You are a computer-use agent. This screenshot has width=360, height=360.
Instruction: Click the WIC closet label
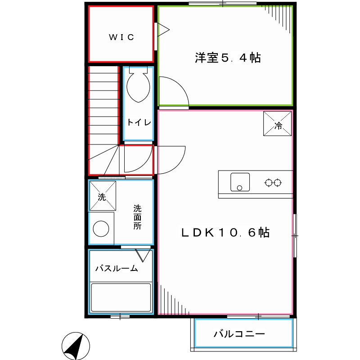click(x=121, y=37)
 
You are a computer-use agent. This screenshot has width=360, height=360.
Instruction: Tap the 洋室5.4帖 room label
click(x=228, y=58)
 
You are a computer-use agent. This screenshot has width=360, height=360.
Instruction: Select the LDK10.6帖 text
click(x=225, y=232)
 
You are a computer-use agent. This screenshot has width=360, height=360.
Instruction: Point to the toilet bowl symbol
click(x=138, y=85)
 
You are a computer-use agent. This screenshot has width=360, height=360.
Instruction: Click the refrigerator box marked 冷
click(x=277, y=124)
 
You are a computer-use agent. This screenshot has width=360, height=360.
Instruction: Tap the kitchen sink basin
click(x=240, y=182)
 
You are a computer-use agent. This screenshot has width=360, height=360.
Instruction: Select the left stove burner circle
click(x=269, y=182)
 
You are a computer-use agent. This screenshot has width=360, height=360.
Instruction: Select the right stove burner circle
click(x=278, y=182)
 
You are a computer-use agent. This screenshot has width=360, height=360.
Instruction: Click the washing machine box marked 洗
click(x=103, y=196)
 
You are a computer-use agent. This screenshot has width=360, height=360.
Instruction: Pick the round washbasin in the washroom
click(x=101, y=228)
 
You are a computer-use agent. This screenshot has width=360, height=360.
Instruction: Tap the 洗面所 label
click(x=137, y=217)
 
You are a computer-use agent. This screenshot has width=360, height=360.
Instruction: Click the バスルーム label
click(x=117, y=269)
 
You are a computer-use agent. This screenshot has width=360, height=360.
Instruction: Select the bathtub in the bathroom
click(x=121, y=297)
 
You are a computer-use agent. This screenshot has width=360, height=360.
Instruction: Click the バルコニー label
click(x=239, y=334)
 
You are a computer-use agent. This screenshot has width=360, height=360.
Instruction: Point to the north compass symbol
click(x=76, y=346)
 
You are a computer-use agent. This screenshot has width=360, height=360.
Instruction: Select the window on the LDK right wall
click(x=295, y=235)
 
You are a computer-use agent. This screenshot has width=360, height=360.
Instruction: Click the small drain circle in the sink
click(x=240, y=187)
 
